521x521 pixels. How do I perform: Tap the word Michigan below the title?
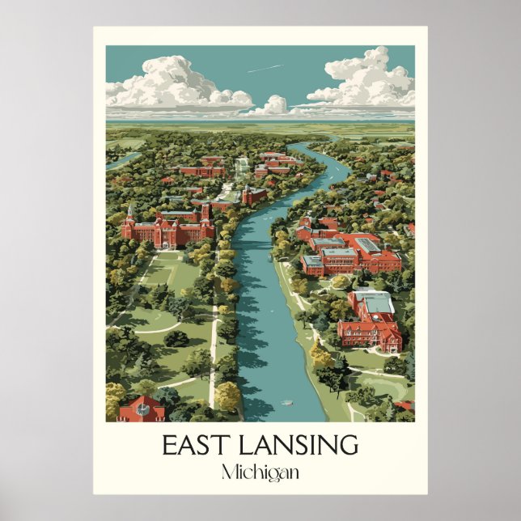point(260,472)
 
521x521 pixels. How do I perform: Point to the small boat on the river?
point(286,402)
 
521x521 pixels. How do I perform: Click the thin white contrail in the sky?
point(265,69)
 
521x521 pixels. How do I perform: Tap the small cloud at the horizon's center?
point(276,104)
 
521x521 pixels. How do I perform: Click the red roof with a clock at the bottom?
point(141,409)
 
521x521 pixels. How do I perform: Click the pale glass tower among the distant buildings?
point(242,167)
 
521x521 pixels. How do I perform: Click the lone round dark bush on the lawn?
point(176,338)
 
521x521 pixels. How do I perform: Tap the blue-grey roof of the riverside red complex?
point(339,253)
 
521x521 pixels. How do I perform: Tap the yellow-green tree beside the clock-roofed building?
point(227,396)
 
